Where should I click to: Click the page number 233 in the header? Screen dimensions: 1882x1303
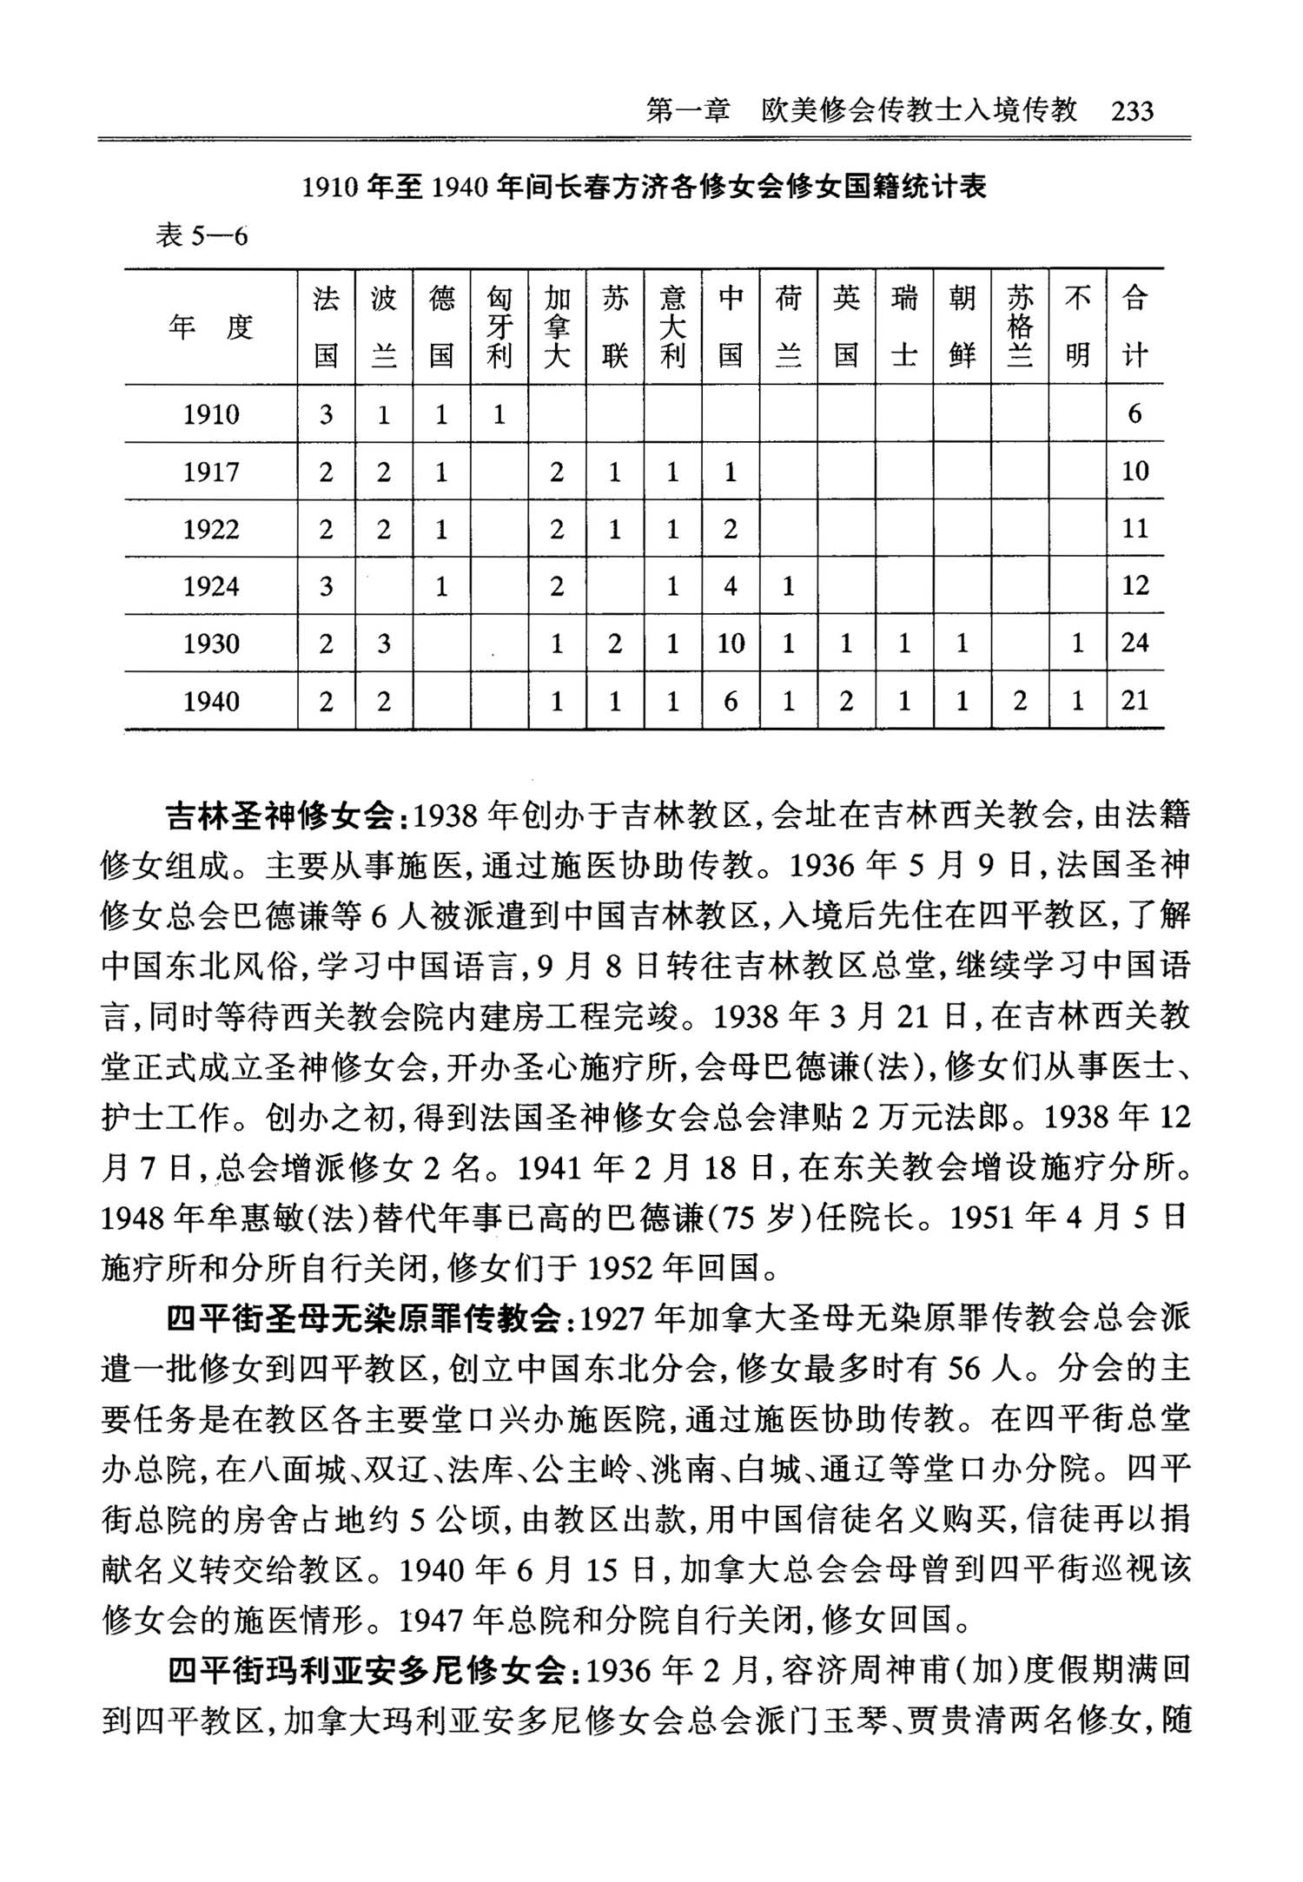[1132, 111]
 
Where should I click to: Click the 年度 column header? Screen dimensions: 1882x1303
[210, 327]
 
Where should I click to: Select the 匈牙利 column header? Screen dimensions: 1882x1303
[499, 327]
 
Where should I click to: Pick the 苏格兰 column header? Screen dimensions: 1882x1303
[1020, 327]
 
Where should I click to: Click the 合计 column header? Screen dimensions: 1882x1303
[1134, 327]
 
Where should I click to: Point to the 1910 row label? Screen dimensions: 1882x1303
[210, 414]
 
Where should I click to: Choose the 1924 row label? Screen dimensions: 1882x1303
[210, 587]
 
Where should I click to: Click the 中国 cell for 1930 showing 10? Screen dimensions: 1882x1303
[731, 644]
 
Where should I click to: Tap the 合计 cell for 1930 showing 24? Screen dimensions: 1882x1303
[1134, 644]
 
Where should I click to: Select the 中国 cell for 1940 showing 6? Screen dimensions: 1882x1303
[731, 701]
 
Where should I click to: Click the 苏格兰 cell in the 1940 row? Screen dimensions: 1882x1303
[1020, 701]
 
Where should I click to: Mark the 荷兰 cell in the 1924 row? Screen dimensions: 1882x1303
[788, 587]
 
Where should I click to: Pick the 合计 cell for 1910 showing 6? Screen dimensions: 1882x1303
[1134, 414]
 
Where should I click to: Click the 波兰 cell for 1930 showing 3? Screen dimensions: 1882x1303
[384, 644]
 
